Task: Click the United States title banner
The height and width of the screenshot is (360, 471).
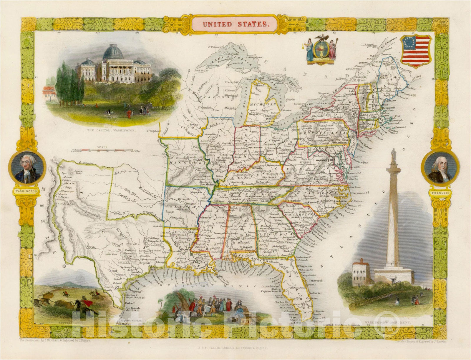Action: [235, 24]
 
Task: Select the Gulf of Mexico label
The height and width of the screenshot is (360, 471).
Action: [227, 285]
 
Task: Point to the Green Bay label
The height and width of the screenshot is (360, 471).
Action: [231, 82]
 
